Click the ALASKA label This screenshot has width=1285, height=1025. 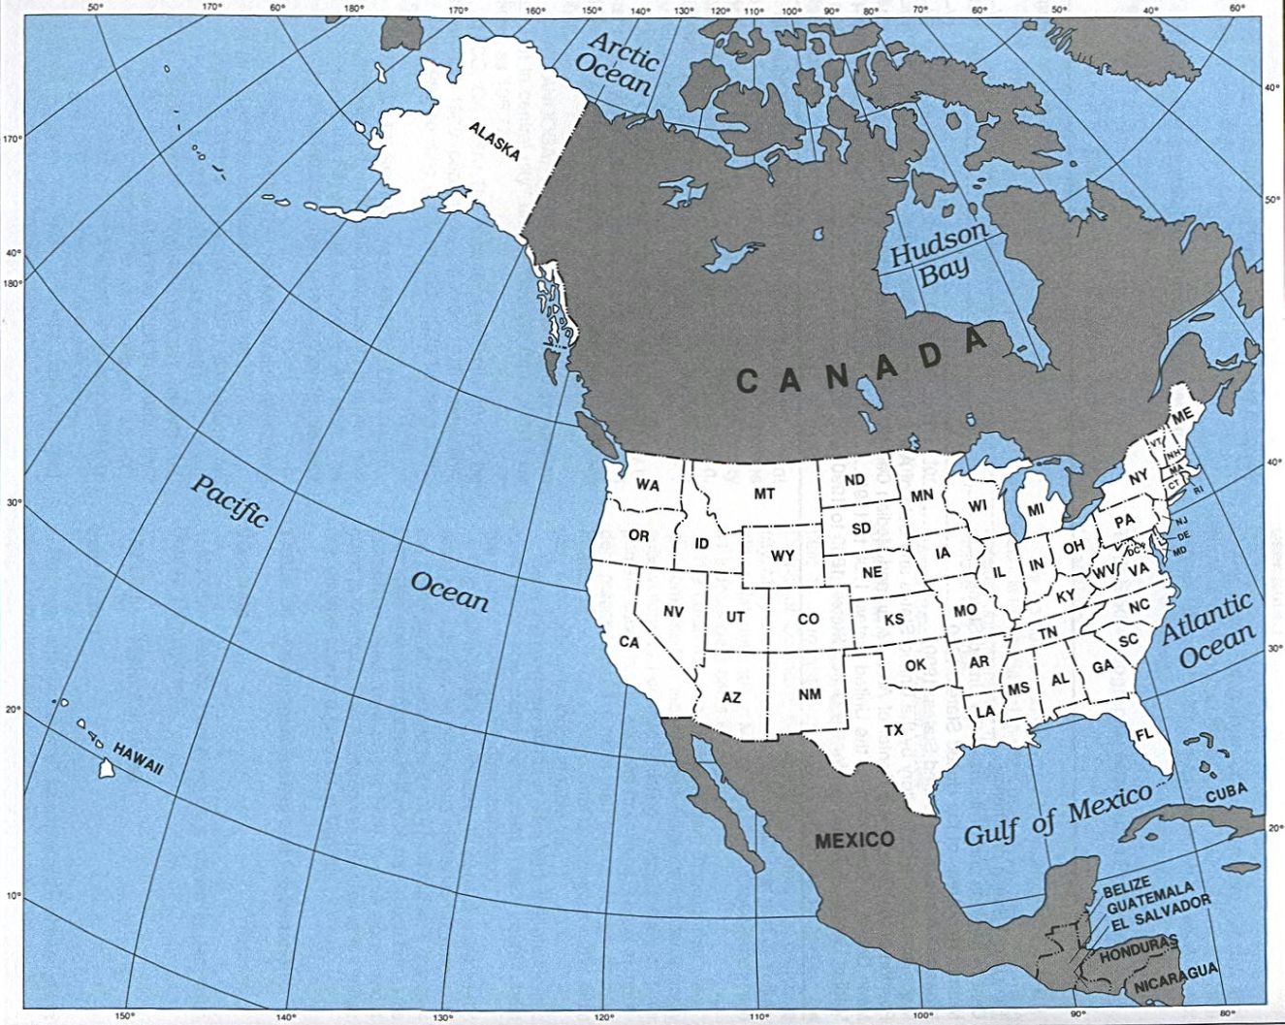[x=494, y=142]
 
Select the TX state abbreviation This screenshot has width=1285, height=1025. [x=893, y=728]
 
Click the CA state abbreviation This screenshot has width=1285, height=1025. [x=629, y=642]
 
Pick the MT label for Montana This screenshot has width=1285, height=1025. [x=764, y=495]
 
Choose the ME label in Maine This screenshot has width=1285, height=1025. [x=1180, y=416]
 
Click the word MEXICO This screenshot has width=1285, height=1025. [x=854, y=839]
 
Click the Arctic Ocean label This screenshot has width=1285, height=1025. [x=617, y=62]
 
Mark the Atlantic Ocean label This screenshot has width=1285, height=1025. [x=1208, y=630]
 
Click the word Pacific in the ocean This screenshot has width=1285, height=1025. [x=229, y=500]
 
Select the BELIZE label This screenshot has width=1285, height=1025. [x=1125, y=885]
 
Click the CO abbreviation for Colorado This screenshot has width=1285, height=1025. [x=808, y=619]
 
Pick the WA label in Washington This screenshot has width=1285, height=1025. [x=647, y=484]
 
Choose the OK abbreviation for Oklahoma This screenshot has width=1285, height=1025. [x=916, y=665]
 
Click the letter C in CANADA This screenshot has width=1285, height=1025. [x=747, y=381]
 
